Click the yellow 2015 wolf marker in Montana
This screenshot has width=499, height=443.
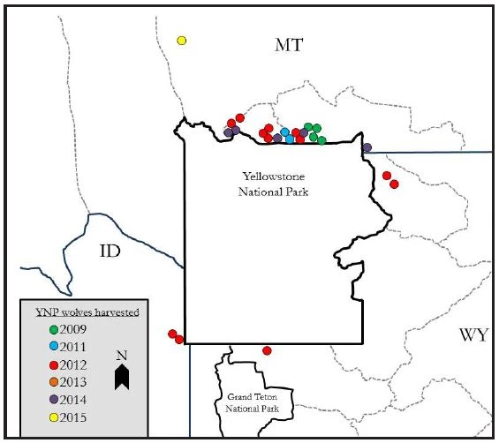(x=182, y=41)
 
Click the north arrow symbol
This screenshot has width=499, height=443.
(x=123, y=377)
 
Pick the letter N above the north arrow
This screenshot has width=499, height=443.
(x=123, y=356)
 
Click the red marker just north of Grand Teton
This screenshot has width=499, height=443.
(x=268, y=350)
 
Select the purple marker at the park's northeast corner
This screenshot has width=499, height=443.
(x=367, y=147)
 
